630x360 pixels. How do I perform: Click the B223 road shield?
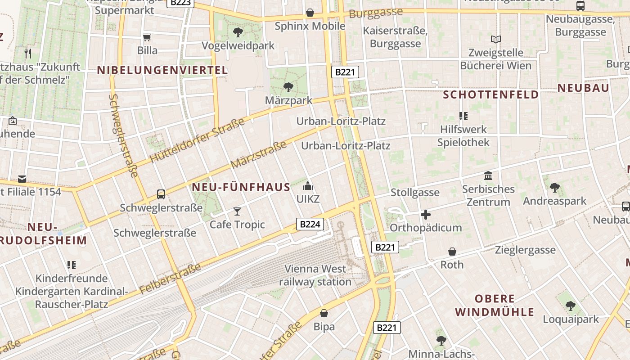pyautogui.click(x=180, y=3)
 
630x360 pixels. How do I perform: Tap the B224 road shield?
pyautogui.click(x=310, y=224)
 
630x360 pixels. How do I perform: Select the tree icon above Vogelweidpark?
pyautogui.click(x=238, y=32)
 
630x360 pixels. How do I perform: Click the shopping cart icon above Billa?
pyautogui.click(x=147, y=37)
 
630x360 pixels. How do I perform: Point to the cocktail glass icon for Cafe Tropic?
pyautogui.click(x=237, y=211)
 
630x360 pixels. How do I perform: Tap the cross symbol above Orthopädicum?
pyautogui.click(x=425, y=215)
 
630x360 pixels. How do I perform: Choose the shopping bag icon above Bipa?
pyautogui.click(x=324, y=313)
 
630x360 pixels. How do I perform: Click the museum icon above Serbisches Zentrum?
pyautogui.click(x=488, y=175)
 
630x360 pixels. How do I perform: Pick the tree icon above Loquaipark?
pyautogui.click(x=571, y=306)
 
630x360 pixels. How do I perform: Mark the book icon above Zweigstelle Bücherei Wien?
pyautogui.click(x=496, y=40)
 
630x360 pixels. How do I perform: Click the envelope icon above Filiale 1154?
pyautogui.click(x=22, y=179)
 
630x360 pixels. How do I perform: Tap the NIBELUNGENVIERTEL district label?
pyautogui.click(x=162, y=70)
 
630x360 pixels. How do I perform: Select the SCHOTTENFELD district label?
pyautogui.click(x=491, y=94)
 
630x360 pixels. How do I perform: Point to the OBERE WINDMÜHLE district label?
pyautogui.click(x=495, y=305)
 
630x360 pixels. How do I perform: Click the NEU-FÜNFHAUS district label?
pyautogui.click(x=241, y=187)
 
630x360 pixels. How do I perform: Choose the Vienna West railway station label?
pyautogui.click(x=315, y=275)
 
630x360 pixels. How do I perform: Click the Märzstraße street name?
pyautogui.click(x=258, y=155)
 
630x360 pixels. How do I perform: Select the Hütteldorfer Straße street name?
pyautogui.click(x=197, y=140)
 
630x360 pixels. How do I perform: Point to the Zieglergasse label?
pyautogui.click(x=525, y=250)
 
